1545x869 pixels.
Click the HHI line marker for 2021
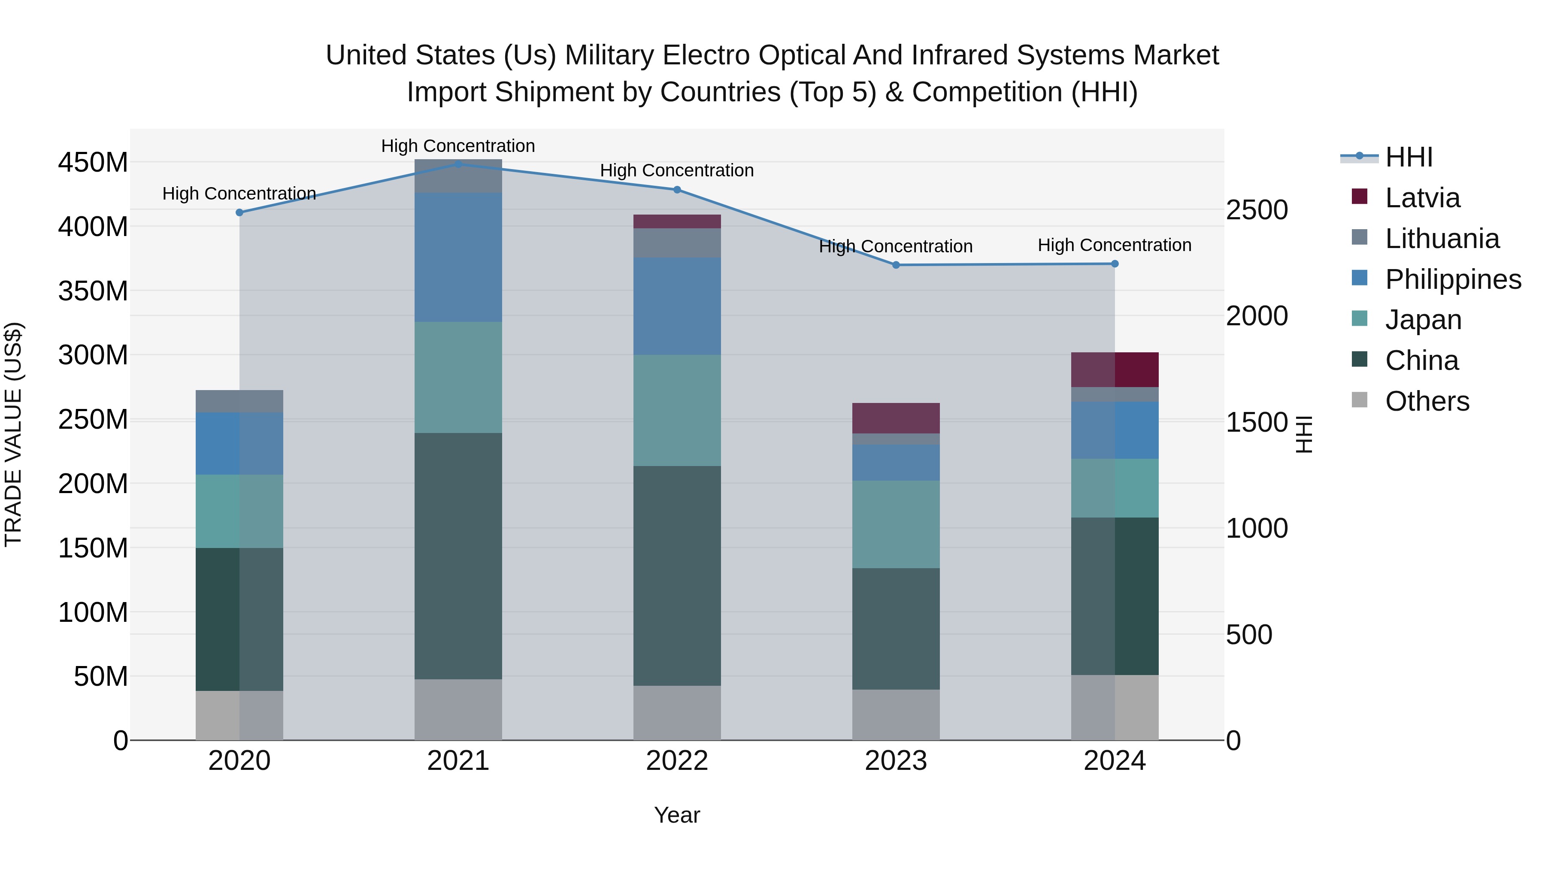click(x=458, y=164)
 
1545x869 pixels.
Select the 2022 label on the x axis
click(x=677, y=761)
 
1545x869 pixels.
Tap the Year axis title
click(x=677, y=815)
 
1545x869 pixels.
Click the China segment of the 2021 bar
click(x=458, y=556)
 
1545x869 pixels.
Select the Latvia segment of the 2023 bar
click(x=896, y=418)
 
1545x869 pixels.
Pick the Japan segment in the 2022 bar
click(x=677, y=410)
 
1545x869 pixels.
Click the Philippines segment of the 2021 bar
click(x=458, y=257)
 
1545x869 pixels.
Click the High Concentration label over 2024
click(x=1115, y=245)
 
